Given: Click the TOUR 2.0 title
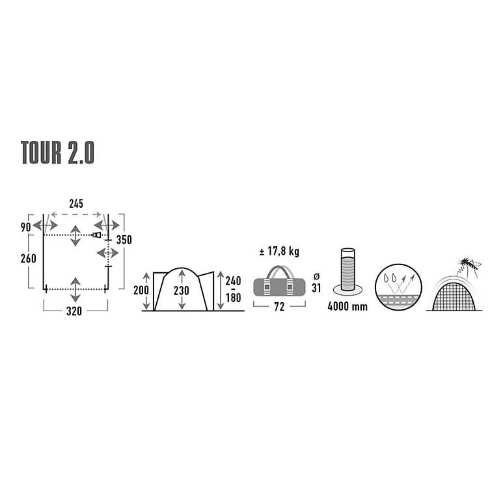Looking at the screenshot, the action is (58, 153).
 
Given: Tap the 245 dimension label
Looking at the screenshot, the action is (76, 204).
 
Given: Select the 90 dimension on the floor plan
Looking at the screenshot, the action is (25, 227).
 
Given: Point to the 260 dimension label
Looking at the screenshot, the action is (28, 258).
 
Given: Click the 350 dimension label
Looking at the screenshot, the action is (124, 240).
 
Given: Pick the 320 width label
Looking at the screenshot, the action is (74, 311).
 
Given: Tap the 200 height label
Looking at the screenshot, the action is (141, 290).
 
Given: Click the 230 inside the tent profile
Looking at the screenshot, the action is (182, 290).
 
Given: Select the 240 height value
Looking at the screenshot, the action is (233, 281).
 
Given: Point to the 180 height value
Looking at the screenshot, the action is (234, 298).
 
